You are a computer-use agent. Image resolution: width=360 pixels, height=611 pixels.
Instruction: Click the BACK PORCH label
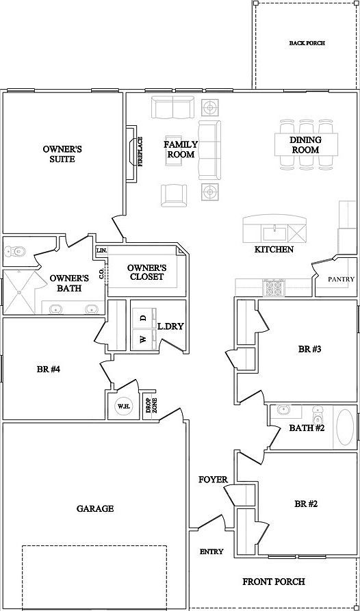[307, 43]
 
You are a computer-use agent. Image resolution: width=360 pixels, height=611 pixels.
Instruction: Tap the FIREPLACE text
[140, 152]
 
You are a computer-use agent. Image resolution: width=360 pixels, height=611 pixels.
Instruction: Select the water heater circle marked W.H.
[123, 406]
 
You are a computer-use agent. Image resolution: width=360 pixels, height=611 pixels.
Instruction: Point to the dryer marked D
[144, 318]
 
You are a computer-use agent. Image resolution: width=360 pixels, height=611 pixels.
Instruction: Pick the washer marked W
[144, 339]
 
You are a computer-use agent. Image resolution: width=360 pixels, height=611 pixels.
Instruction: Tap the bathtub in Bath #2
[345, 427]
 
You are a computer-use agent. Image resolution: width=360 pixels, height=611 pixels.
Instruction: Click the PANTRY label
[342, 279]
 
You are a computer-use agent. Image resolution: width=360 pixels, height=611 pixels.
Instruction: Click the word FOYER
[213, 480]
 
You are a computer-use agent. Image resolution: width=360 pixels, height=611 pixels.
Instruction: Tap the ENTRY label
[211, 551]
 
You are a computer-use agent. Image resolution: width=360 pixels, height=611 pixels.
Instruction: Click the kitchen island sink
[274, 234]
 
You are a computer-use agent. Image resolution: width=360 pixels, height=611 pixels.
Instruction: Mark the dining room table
[306, 144]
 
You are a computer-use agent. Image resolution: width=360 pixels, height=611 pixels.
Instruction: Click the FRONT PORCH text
[274, 582]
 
